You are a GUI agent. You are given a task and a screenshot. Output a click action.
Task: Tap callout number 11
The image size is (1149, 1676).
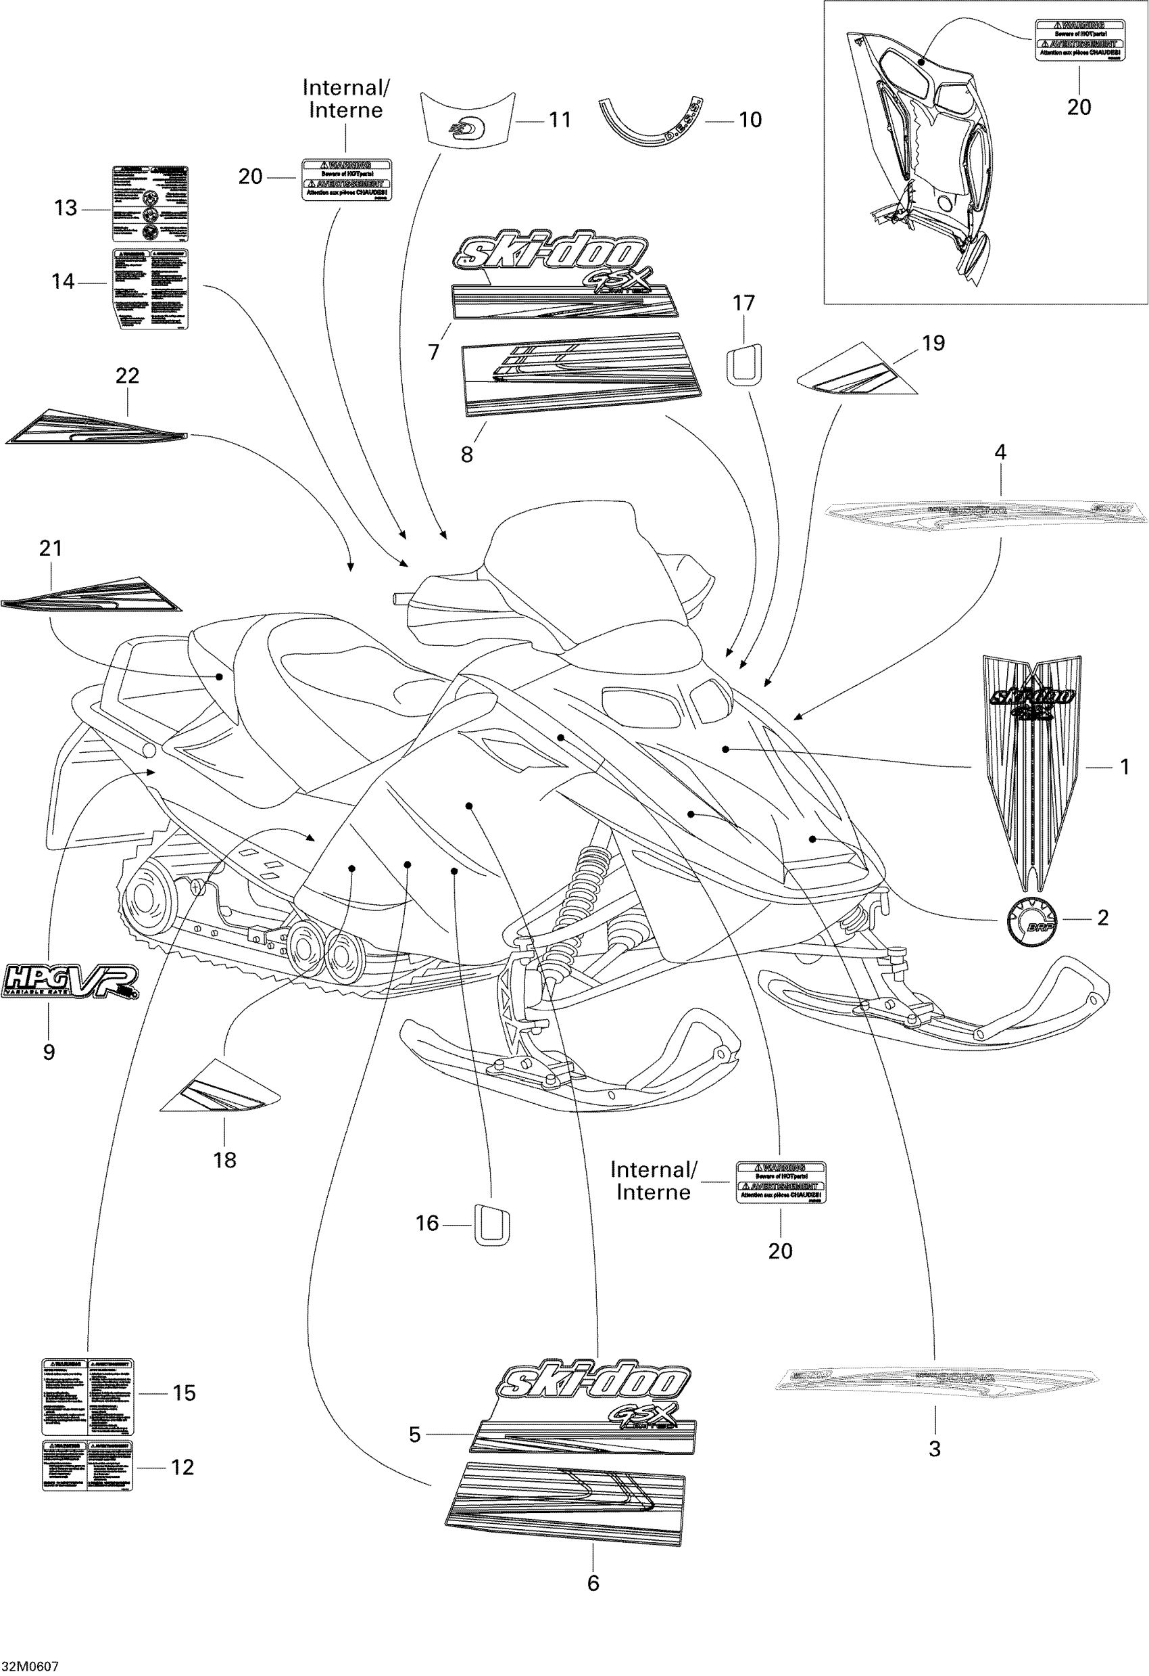coord(560,120)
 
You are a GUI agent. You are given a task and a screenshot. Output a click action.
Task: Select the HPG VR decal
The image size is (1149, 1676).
coord(69,981)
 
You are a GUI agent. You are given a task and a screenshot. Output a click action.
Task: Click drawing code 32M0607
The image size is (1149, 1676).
coord(30,1667)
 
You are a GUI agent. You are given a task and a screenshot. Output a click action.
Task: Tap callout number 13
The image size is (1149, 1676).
coord(66,208)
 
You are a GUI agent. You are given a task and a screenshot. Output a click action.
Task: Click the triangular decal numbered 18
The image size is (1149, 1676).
coord(220,1086)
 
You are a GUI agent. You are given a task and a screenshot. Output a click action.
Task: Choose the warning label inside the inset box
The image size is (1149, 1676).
coord(1079,41)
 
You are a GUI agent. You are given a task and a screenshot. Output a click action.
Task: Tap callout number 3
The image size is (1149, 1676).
coord(935,1448)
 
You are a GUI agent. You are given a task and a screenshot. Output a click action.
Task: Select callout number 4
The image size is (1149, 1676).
coord(1000,452)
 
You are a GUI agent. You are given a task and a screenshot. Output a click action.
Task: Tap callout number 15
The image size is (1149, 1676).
coord(184,1393)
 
